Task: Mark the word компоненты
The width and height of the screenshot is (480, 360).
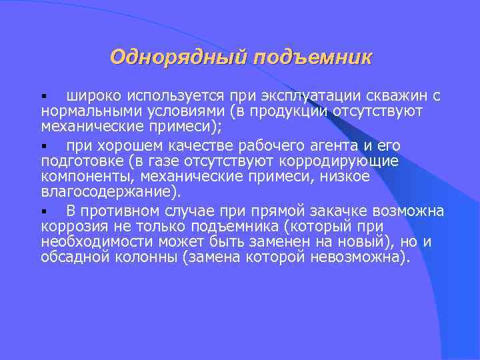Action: pos(83,177)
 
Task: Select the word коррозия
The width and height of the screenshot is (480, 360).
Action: pos(71,226)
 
